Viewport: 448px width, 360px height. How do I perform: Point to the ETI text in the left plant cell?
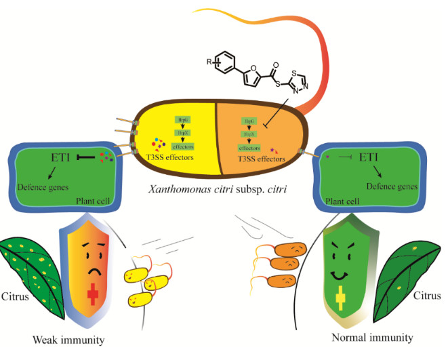coord(59,158)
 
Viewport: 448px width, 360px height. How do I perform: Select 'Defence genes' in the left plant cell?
coord(43,186)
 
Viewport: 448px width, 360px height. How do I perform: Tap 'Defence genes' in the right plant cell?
coord(390,184)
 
